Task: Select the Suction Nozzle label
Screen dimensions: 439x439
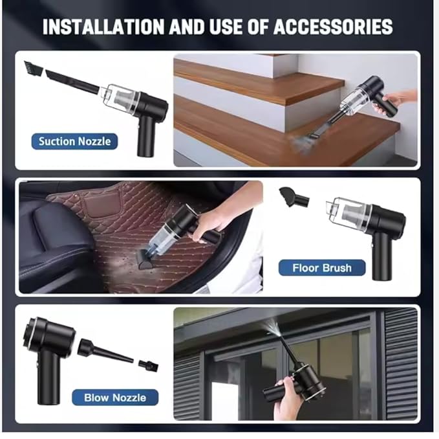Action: pos(74,141)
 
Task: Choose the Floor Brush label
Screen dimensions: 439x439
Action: pos(321,267)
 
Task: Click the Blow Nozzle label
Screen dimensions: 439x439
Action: pos(114,397)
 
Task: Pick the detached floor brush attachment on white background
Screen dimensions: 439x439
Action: pos(293,197)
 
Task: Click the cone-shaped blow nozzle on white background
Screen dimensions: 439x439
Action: pos(103,351)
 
